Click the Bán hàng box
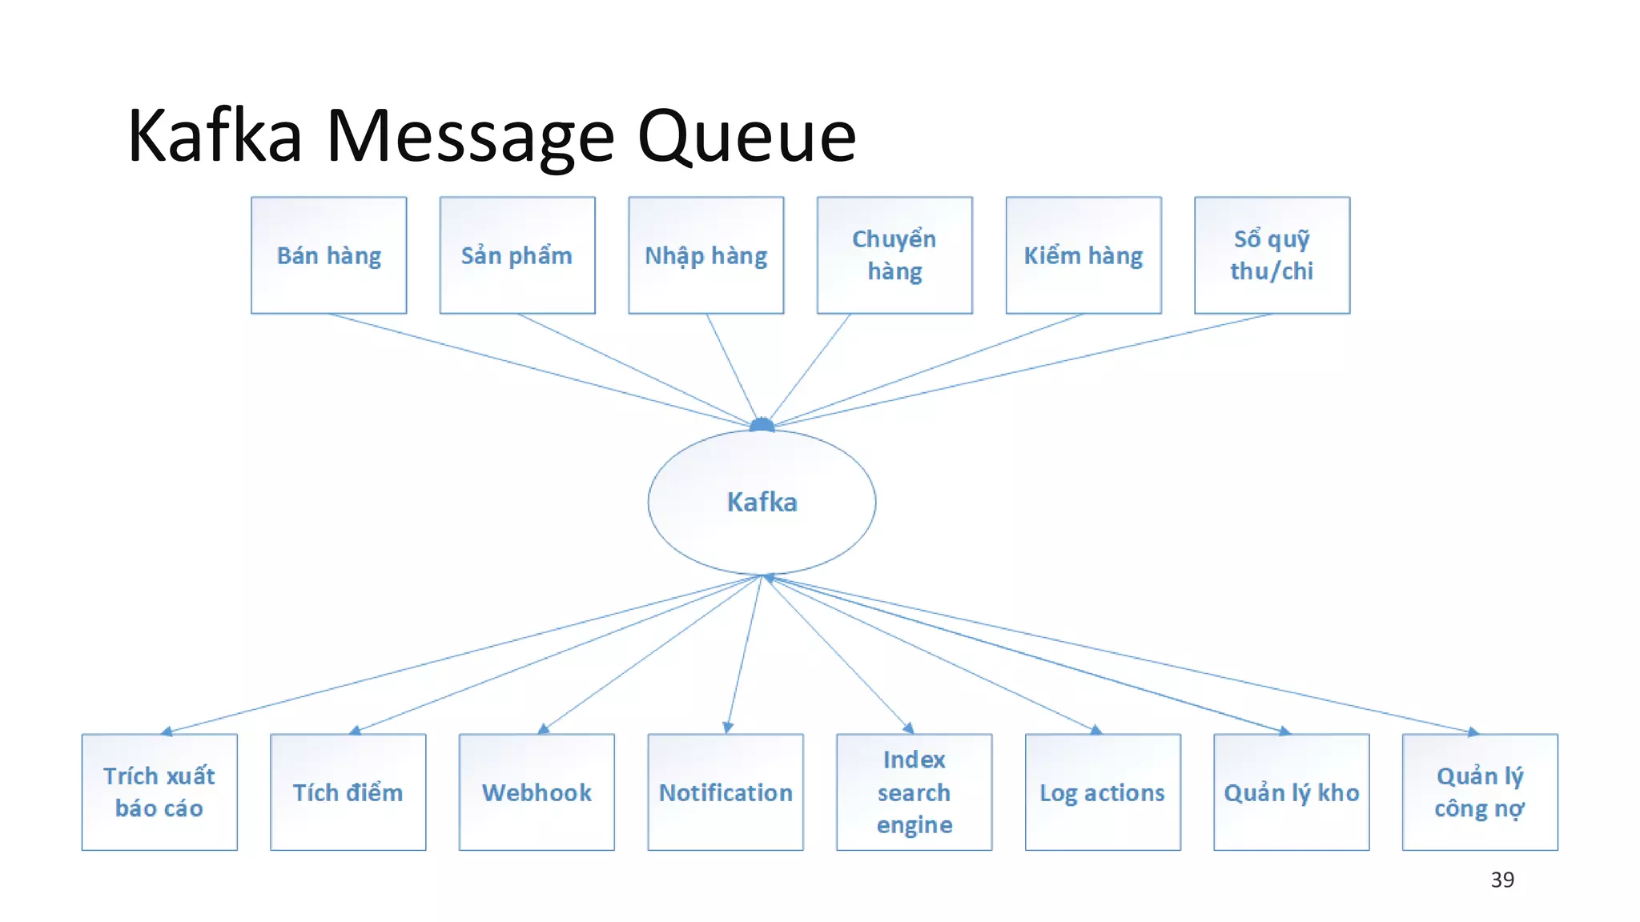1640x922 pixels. (x=328, y=255)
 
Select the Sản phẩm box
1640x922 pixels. (x=517, y=255)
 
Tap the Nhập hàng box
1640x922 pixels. (x=705, y=255)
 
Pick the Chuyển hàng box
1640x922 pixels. (x=894, y=255)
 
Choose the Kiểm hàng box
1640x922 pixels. (x=1083, y=255)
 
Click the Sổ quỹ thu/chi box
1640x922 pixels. (x=1272, y=255)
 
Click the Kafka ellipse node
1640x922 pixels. (x=762, y=502)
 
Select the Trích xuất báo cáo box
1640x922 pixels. (x=159, y=792)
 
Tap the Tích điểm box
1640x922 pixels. (x=348, y=792)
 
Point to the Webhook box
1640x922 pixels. (x=537, y=792)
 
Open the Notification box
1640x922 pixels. (x=726, y=792)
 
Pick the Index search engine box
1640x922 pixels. (x=914, y=792)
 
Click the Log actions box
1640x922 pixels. (x=1103, y=792)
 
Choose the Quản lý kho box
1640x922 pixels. (x=1291, y=792)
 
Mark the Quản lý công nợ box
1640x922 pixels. (x=1480, y=792)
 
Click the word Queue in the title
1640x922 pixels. (x=746, y=136)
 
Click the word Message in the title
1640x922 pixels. (x=470, y=136)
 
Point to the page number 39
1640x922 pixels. (x=1502, y=880)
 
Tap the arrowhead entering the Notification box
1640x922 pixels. (x=728, y=728)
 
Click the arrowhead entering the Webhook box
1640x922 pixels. (x=544, y=728)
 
